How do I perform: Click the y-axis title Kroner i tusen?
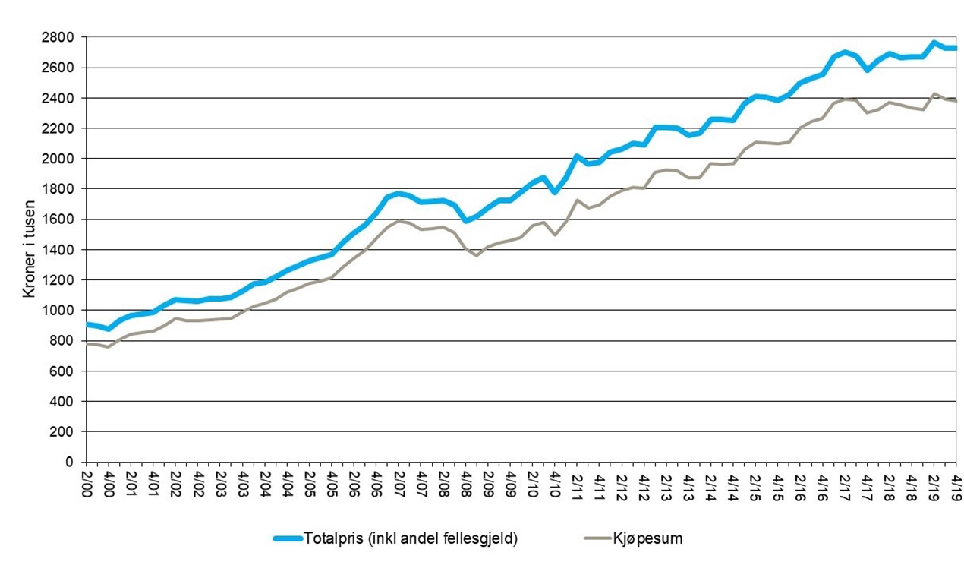[x=28, y=250]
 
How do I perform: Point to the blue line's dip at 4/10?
[x=555, y=192]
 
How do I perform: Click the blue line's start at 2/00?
[x=87, y=324]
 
